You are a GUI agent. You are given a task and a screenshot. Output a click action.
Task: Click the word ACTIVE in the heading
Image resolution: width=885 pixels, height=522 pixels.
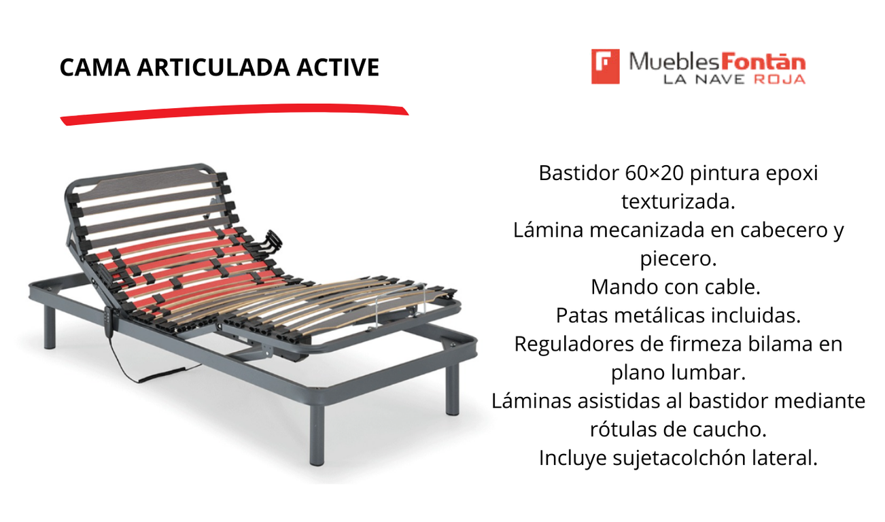338,67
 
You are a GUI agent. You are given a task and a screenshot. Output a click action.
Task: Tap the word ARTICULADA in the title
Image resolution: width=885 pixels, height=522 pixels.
213,67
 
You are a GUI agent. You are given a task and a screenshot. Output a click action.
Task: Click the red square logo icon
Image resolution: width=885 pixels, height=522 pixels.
605,67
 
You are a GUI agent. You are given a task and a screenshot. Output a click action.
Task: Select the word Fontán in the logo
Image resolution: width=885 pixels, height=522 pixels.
763,63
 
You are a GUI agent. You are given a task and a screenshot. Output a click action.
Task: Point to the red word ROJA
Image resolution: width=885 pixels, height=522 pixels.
780,80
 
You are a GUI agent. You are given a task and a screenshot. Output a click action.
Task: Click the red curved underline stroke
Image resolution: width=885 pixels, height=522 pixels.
235,114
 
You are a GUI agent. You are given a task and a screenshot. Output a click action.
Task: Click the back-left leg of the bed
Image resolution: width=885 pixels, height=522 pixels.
50,326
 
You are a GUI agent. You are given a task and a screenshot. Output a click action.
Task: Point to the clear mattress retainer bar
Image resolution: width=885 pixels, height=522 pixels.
400,304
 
